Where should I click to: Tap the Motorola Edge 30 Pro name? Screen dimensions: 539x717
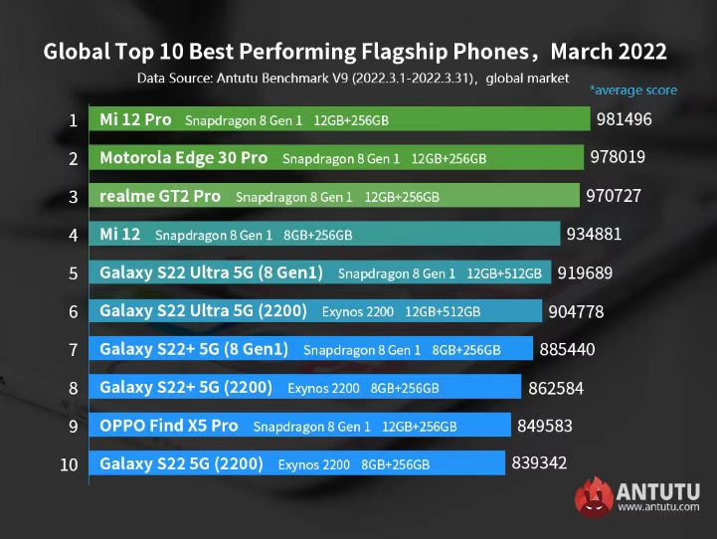pos(184,158)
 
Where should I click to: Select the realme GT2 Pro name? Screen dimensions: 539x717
pos(160,197)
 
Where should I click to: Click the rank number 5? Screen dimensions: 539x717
pos(73,272)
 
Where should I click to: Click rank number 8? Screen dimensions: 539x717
pos(73,387)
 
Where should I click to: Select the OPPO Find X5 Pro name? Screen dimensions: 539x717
pos(169,426)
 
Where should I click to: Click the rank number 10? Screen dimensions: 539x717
pos(70,463)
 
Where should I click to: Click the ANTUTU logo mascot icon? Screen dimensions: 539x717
pos(592,496)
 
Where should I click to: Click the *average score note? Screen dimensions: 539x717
pos(633,90)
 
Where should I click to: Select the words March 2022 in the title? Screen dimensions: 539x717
pos(609,51)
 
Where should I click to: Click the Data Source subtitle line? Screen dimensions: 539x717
pos(353,77)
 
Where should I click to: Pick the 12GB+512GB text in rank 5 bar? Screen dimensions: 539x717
pos(505,273)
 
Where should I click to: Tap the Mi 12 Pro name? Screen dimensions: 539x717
pos(135,120)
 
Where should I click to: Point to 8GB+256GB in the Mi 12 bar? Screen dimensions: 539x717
pos(317,236)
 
